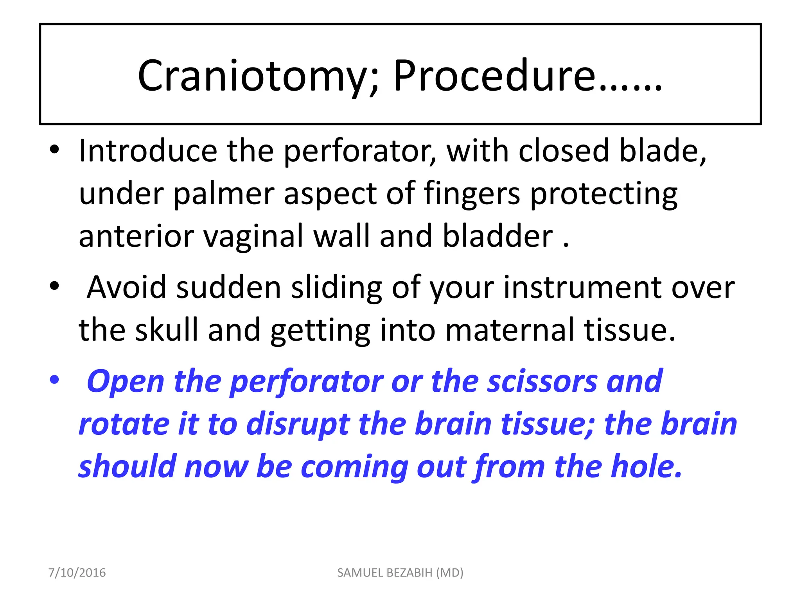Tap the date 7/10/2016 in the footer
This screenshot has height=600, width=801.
[x=77, y=573]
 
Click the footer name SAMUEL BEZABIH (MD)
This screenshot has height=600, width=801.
[x=400, y=573]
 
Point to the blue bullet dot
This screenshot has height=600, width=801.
[x=54, y=380]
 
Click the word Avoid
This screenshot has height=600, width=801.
[x=126, y=287]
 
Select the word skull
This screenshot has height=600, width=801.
[x=167, y=330]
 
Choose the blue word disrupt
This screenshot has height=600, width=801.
[x=298, y=424]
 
